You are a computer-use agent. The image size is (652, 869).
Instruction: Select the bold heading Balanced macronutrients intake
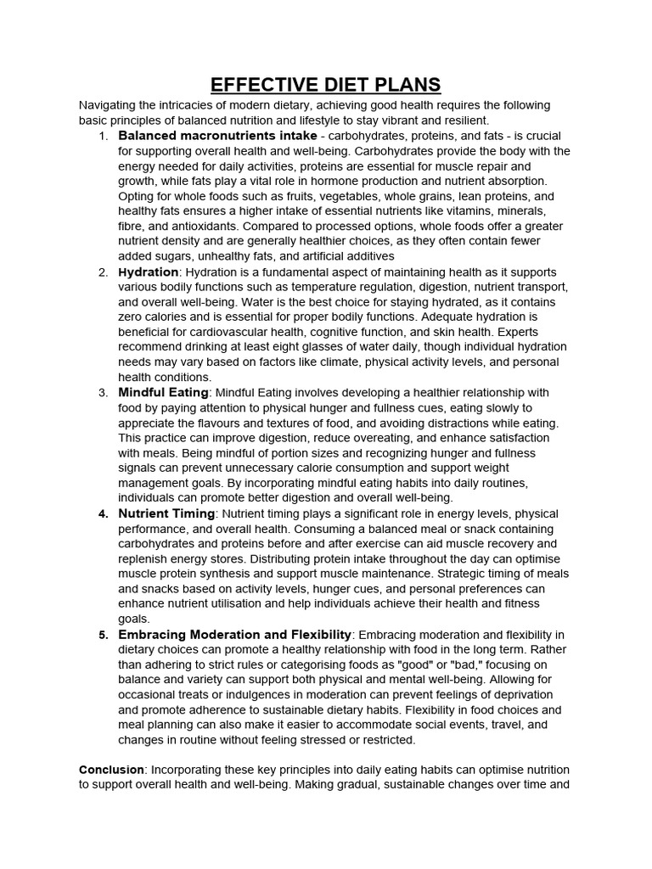click(x=206, y=136)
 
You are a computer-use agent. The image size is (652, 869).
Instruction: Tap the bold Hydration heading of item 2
click(x=149, y=272)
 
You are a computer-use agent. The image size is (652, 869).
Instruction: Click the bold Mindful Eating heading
click(x=163, y=392)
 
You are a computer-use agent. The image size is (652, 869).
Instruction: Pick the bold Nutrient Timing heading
click(x=166, y=513)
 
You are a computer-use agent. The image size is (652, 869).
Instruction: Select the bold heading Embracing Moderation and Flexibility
click(x=235, y=634)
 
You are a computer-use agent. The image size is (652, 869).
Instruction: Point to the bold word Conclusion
click(x=111, y=769)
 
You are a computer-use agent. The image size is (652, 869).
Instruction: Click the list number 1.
click(x=103, y=136)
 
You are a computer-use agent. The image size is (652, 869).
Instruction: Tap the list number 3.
click(x=103, y=393)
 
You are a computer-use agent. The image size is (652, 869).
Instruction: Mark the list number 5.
click(x=103, y=635)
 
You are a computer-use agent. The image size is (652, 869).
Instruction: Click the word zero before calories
click(x=132, y=317)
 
